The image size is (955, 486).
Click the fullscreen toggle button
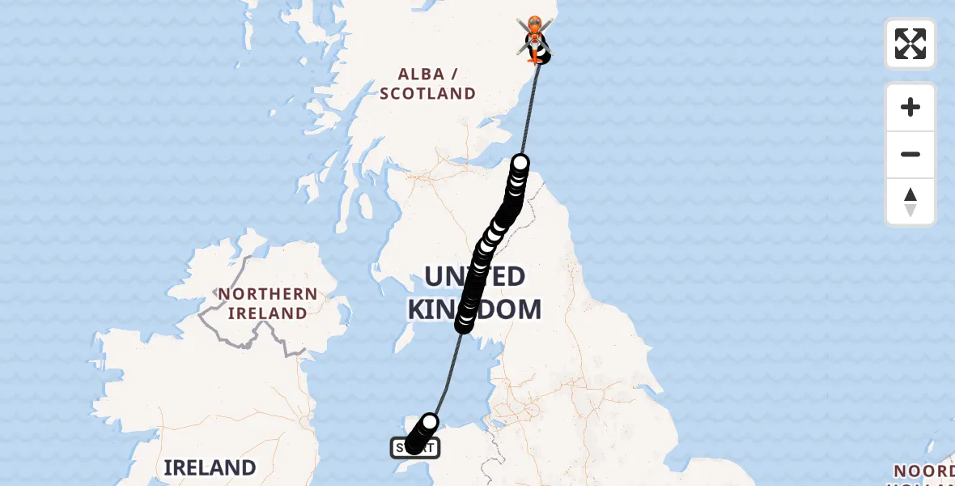coord(910,44)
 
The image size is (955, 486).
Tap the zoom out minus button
coord(910,154)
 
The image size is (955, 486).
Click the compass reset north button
coord(910,202)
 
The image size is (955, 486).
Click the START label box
coord(415,447)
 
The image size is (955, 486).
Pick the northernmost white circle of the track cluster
coord(520,163)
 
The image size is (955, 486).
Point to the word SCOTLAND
coord(428,94)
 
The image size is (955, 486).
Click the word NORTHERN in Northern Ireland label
coord(267,294)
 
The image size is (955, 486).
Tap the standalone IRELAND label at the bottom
coord(210,467)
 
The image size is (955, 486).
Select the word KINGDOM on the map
coord(474,309)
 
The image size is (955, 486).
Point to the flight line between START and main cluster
coord(448,373)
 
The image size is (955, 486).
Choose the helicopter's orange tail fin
coord(534,58)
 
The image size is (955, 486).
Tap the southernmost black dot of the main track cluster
coord(464,324)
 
